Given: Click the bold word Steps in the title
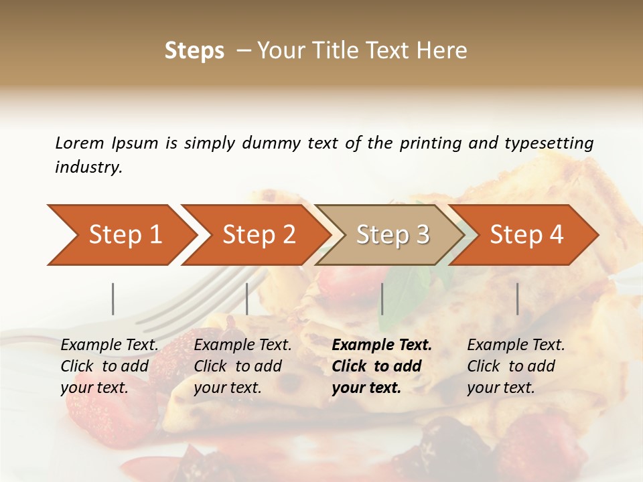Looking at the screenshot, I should pos(194,51).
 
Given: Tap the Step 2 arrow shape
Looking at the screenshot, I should pos(258,235).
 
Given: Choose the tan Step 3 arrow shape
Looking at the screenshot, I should pos(392,235).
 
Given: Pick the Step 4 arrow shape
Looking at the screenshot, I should pos(526,235).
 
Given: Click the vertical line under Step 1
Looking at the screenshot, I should pos(113,299).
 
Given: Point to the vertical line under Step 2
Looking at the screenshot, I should pos(247,299).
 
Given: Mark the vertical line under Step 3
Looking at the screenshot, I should pos(382,299).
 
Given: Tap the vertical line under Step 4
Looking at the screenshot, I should pos(517,299).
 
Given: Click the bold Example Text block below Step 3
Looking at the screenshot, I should pos(382,366).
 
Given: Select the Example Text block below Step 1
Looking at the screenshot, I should pos(109,366).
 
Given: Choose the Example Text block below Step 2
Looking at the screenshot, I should pos(242,366).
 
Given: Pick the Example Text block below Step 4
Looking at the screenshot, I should pos(516,366).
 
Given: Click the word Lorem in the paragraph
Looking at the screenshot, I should pos(79,143).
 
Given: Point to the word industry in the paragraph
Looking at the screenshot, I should pos(88,167).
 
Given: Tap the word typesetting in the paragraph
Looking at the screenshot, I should pos(549,143).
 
